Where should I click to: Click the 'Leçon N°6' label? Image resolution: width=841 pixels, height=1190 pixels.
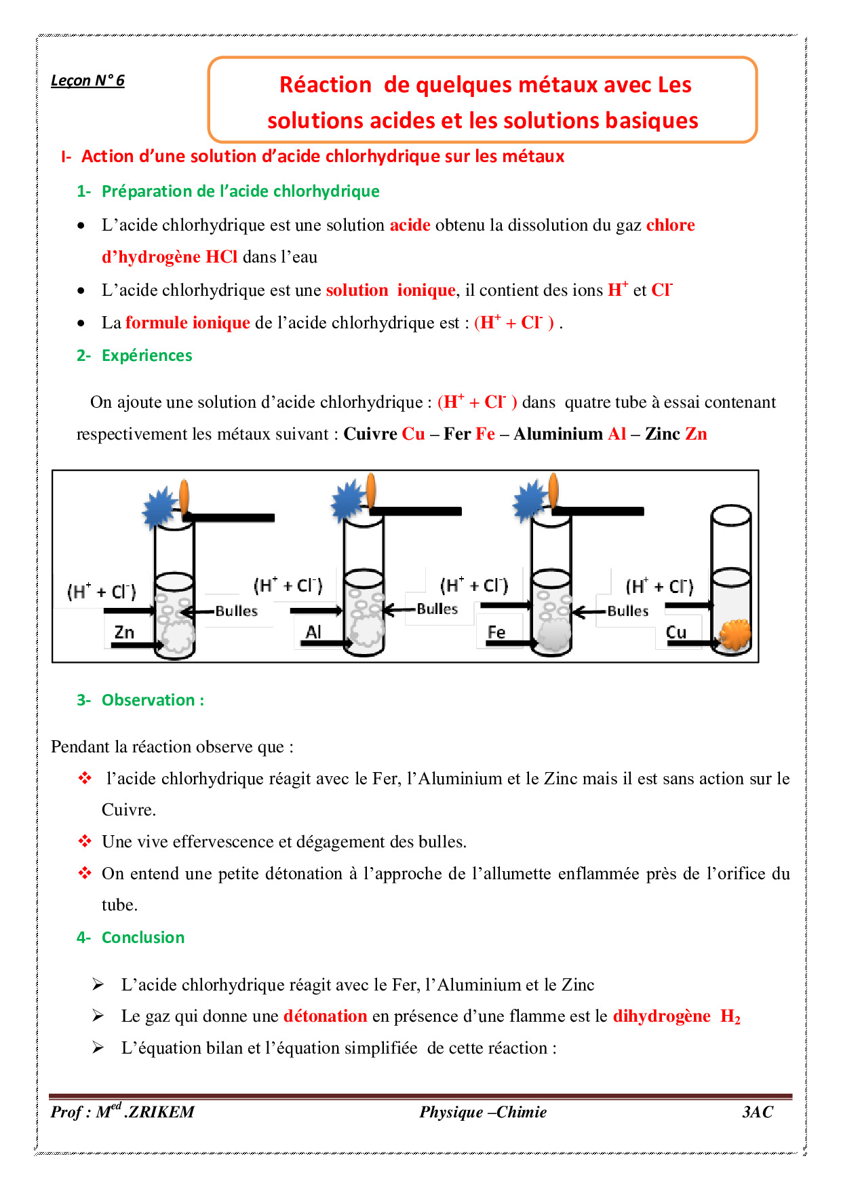click(87, 81)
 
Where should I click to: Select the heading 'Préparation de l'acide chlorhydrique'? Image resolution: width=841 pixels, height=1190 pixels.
click(240, 191)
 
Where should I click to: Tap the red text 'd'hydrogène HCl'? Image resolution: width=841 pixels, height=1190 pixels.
click(170, 257)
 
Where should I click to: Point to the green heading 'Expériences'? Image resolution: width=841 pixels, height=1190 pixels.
click(146, 356)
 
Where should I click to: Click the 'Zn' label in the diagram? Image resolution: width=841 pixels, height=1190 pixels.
click(124, 632)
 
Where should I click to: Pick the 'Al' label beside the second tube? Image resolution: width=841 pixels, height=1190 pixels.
click(313, 632)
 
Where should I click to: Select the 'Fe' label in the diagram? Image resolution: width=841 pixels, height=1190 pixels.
click(496, 632)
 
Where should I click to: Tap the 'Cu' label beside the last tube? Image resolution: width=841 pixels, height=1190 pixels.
click(676, 632)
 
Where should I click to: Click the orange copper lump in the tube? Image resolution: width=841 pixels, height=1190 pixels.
click(735, 634)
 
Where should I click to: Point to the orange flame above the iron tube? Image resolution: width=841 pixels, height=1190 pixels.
click(553, 489)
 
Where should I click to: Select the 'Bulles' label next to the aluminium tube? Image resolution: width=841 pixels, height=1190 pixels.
click(437, 609)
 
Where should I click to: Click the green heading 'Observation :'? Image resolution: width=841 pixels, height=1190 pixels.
click(153, 700)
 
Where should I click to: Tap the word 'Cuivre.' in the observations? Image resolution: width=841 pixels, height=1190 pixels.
click(129, 810)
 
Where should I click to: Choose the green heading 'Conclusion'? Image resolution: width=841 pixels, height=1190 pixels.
click(142, 938)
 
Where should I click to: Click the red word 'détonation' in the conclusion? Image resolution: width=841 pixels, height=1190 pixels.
click(325, 1016)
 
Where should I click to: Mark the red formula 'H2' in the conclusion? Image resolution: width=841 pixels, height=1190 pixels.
click(730, 1016)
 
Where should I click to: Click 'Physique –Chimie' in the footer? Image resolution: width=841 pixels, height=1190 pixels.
click(482, 1112)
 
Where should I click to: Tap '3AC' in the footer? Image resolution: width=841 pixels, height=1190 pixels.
click(757, 1112)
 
